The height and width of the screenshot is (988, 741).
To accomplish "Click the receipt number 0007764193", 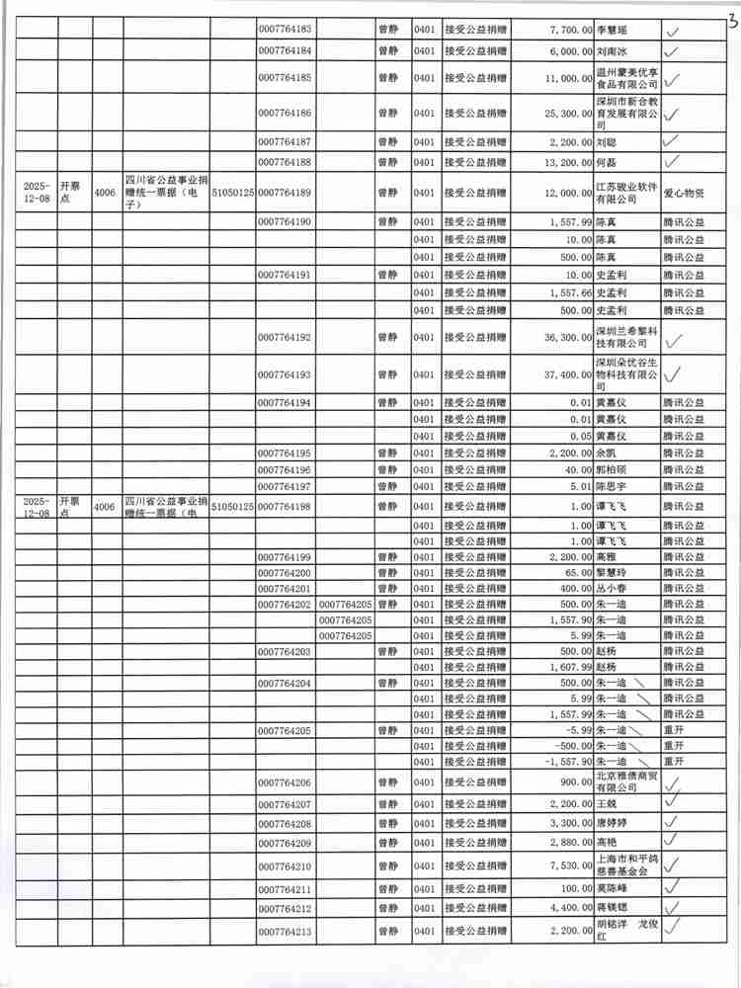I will [x=285, y=375].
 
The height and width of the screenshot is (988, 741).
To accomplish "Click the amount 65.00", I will [x=577, y=573].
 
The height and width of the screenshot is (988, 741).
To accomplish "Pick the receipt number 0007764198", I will [x=285, y=507].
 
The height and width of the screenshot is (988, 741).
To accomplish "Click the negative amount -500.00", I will [x=572, y=746].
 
